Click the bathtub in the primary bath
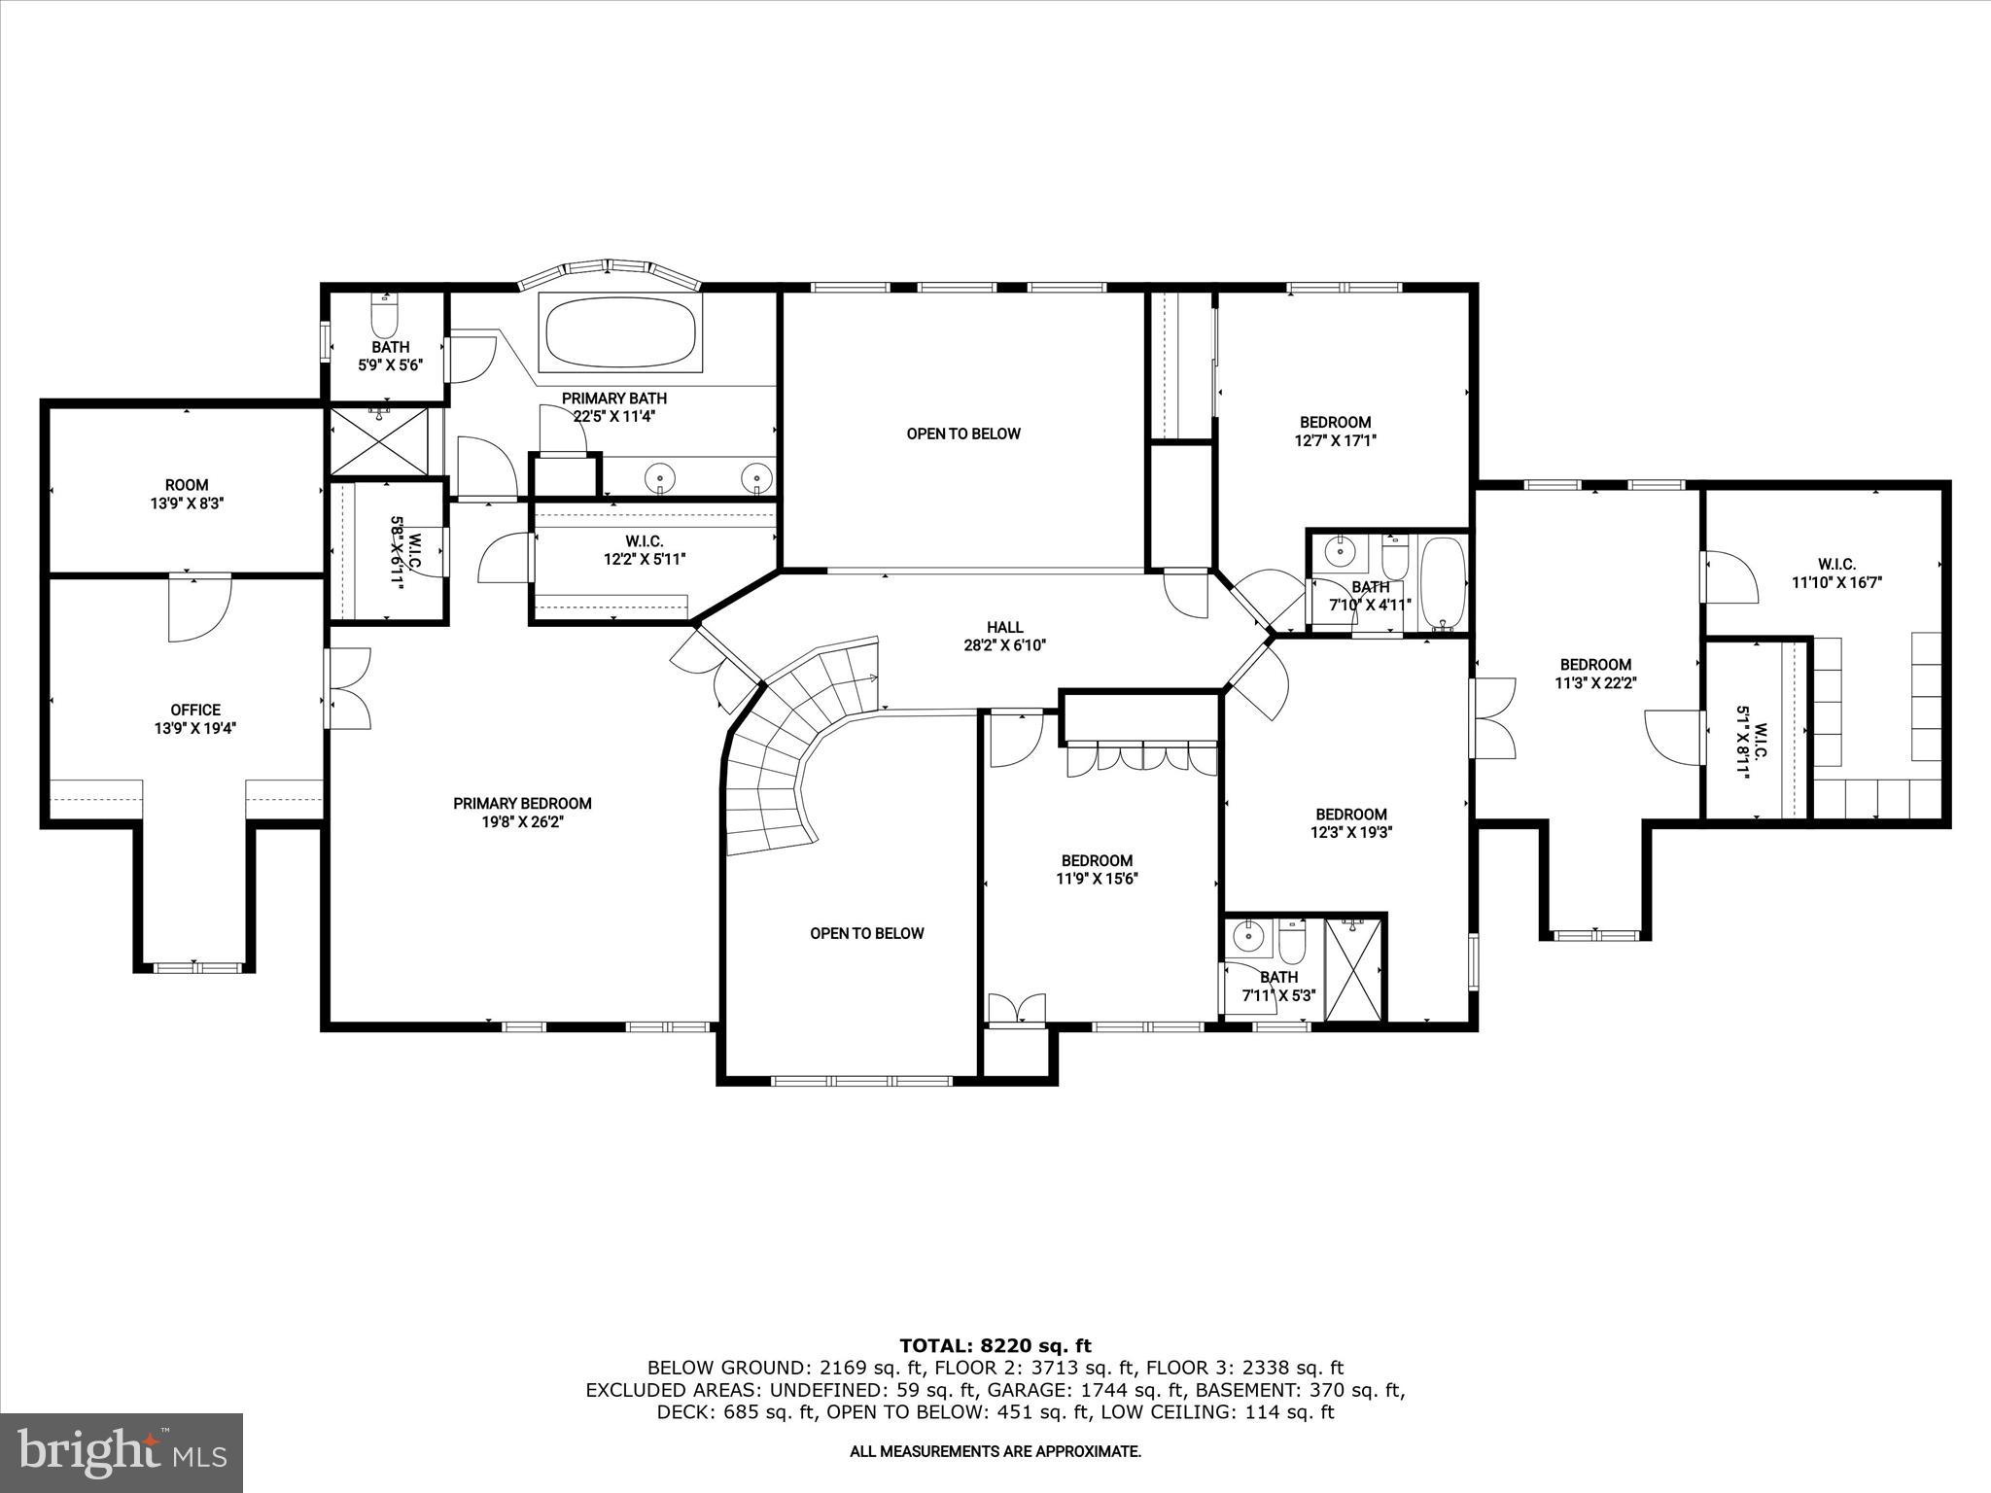[621, 332]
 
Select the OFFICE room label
[195, 711]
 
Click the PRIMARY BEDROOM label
[522, 804]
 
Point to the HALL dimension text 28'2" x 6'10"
[1004, 644]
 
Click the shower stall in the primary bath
[379, 442]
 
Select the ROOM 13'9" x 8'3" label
[187, 494]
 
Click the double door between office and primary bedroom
[348, 688]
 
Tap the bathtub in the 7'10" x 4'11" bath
[1443, 583]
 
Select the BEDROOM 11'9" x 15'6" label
[1098, 869]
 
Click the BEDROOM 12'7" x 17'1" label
[1336, 431]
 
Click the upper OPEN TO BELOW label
[963, 434]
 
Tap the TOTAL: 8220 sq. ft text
[995, 1345]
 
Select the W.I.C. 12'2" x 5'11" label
[645, 550]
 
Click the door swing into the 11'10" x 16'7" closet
[1730, 577]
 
